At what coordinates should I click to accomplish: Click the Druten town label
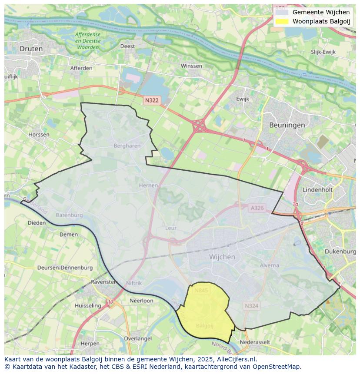(31, 49)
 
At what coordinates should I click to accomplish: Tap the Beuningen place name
(287, 125)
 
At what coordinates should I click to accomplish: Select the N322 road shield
(152, 100)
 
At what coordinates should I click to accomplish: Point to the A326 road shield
(257, 208)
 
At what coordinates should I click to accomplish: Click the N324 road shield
(251, 306)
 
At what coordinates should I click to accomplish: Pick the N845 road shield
(201, 291)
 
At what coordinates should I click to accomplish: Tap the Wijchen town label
(222, 257)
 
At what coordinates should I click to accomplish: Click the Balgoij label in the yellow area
(204, 325)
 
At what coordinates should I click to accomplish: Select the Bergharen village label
(127, 146)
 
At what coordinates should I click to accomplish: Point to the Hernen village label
(148, 185)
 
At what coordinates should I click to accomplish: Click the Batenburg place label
(69, 215)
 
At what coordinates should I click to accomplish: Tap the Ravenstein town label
(104, 282)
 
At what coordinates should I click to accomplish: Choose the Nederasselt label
(255, 342)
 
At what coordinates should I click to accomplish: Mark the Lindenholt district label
(317, 190)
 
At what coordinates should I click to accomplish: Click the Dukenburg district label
(340, 252)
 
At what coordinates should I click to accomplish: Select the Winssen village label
(191, 66)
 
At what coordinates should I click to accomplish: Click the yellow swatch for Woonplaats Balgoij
(282, 21)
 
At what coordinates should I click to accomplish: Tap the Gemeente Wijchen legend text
(321, 12)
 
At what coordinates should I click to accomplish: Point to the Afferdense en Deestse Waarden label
(87, 40)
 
